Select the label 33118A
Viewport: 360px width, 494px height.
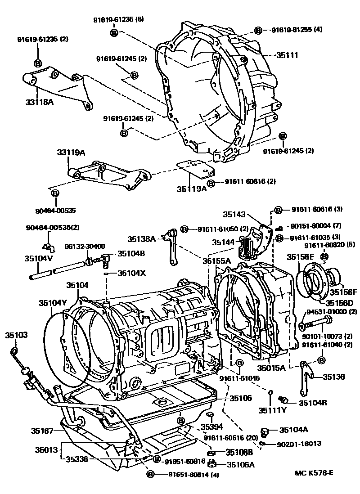point(39,102)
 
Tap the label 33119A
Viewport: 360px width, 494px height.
point(71,153)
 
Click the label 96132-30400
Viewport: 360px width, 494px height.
point(85,246)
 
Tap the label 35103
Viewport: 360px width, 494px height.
point(16,335)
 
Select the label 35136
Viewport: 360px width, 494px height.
point(333,377)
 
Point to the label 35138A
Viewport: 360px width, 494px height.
point(141,239)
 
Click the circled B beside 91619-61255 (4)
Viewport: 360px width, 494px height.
point(258,30)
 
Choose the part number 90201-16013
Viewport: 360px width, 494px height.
point(299,443)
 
